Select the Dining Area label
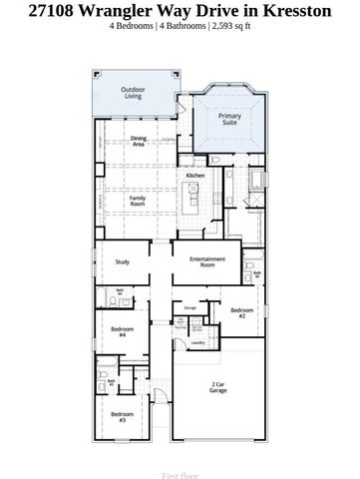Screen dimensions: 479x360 [x=139, y=143]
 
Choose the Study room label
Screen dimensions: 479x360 [x=122, y=262]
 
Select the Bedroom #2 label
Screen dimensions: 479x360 [x=242, y=312]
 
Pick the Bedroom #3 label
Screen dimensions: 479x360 [x=121, y=416]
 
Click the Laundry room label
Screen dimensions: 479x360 [x=197, y=342]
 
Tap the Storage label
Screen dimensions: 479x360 [x=189, y=309]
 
